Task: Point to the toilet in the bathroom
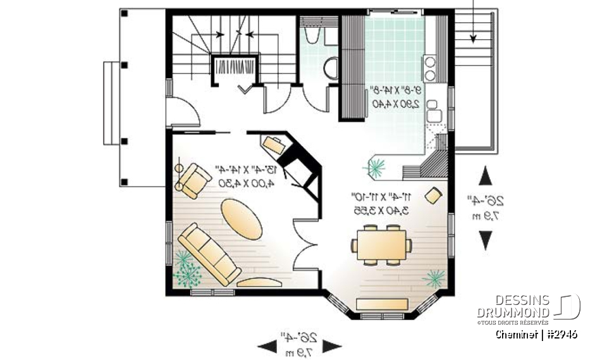click(331, 66)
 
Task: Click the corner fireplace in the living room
click(297, 171)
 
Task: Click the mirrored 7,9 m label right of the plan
click(486, 216)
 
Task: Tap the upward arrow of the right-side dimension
click(486, 176)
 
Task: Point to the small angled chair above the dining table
click(433, 195)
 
